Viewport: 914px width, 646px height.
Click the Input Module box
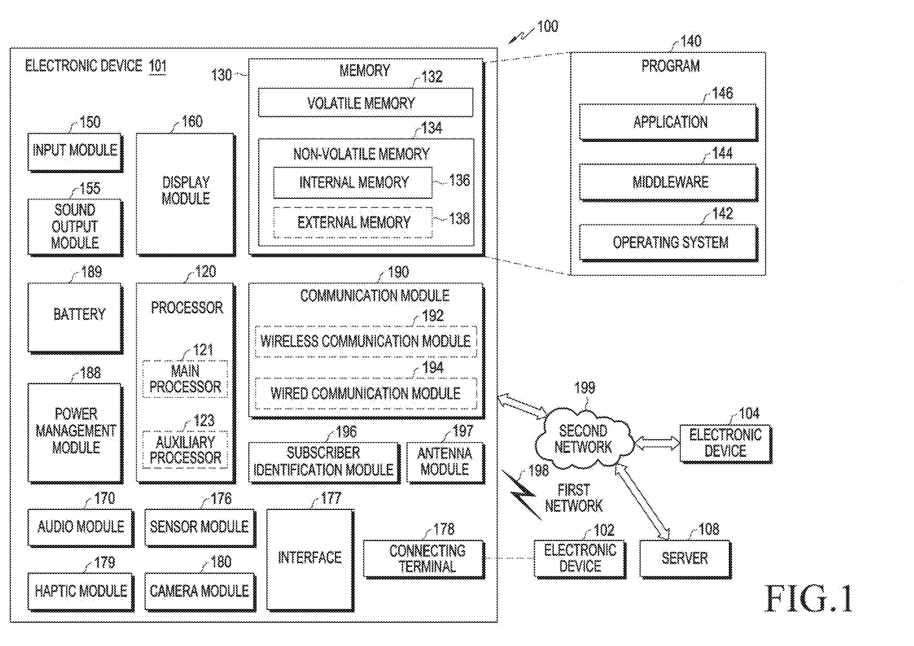tap(75, 152)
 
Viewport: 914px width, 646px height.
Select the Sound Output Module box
tap(75, 227)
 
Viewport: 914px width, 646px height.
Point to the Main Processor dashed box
tap(185, 379)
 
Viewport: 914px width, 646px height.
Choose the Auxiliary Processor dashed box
tap(185, 450)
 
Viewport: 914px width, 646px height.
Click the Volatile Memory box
tap(366, 103)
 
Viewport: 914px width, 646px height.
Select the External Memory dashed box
tap(353, 222)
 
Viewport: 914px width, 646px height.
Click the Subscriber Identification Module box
tap(324, 463)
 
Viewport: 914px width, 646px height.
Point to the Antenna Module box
tap(445, 463)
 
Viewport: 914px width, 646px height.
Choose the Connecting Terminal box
tap(424, 559)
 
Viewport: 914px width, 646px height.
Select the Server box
tap(685, 559)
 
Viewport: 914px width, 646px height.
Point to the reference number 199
tap(584, 387)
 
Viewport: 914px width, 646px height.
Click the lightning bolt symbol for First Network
tap(521, 495)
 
